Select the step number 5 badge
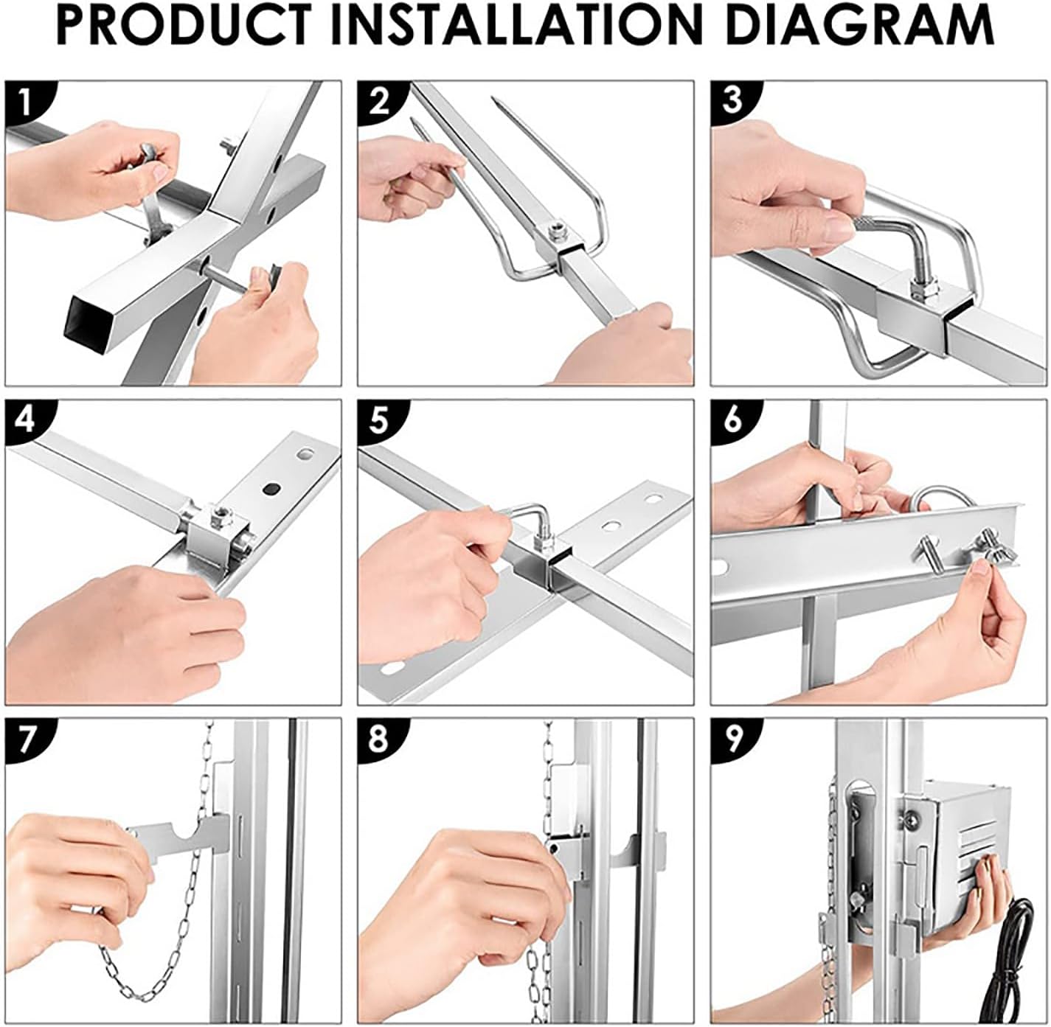tap(378, 421)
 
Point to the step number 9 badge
tap(732, 739)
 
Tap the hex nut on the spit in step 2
tap(556, 233)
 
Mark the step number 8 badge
tap(378, 739)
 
